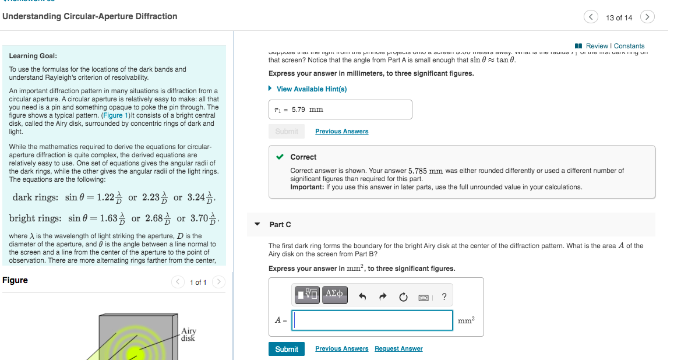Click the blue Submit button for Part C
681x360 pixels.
(x=286, y=349)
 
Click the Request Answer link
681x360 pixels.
(x=398, y=349)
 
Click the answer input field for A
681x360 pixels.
(x=372, y=320)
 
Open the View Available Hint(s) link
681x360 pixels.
(x=311, y=89)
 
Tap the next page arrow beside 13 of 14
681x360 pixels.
(x=647, y=17)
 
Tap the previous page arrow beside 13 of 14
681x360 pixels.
(x=591, y=17)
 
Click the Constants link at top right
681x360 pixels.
(x=629, y=46)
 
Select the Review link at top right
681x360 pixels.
(x=597, y=46)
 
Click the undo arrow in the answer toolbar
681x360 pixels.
(x=362, y=297)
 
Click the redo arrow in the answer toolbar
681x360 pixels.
(x=383, y=297)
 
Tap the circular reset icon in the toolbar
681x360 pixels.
(x=403, y=297)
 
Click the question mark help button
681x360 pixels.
(x=444, y=297)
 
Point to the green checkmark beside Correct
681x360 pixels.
(x=280, y=157)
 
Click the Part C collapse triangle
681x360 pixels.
(x=257, y=224)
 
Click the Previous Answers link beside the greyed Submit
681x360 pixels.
(x=341, y=132)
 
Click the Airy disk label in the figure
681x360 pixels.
(x=188, y=334)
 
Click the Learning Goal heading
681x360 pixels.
(x=33, y=56)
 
